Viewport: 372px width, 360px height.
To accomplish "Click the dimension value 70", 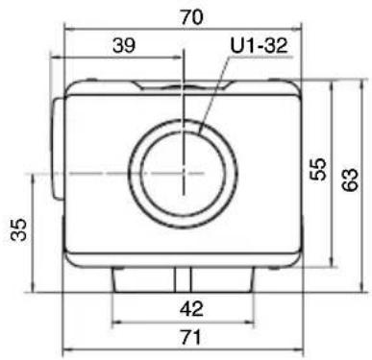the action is click(x=191, y=17).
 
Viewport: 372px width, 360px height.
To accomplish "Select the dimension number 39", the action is click(x=124, y=45).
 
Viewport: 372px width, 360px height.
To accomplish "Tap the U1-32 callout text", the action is click(x=259, y=45).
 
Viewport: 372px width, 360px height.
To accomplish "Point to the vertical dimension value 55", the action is click(x=318, y=169).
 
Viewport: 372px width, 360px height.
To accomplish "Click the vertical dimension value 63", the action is click(x=350, y=180).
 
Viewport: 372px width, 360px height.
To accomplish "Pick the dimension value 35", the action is click(x=18, y=229).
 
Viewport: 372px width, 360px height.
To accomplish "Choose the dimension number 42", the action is click(x=191, y=309).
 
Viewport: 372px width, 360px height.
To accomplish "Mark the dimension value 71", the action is click(x=190, y=337).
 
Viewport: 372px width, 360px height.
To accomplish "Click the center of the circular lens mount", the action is click(x=183, y=173).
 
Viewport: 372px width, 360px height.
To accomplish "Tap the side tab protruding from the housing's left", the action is click(x=58, y=149).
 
